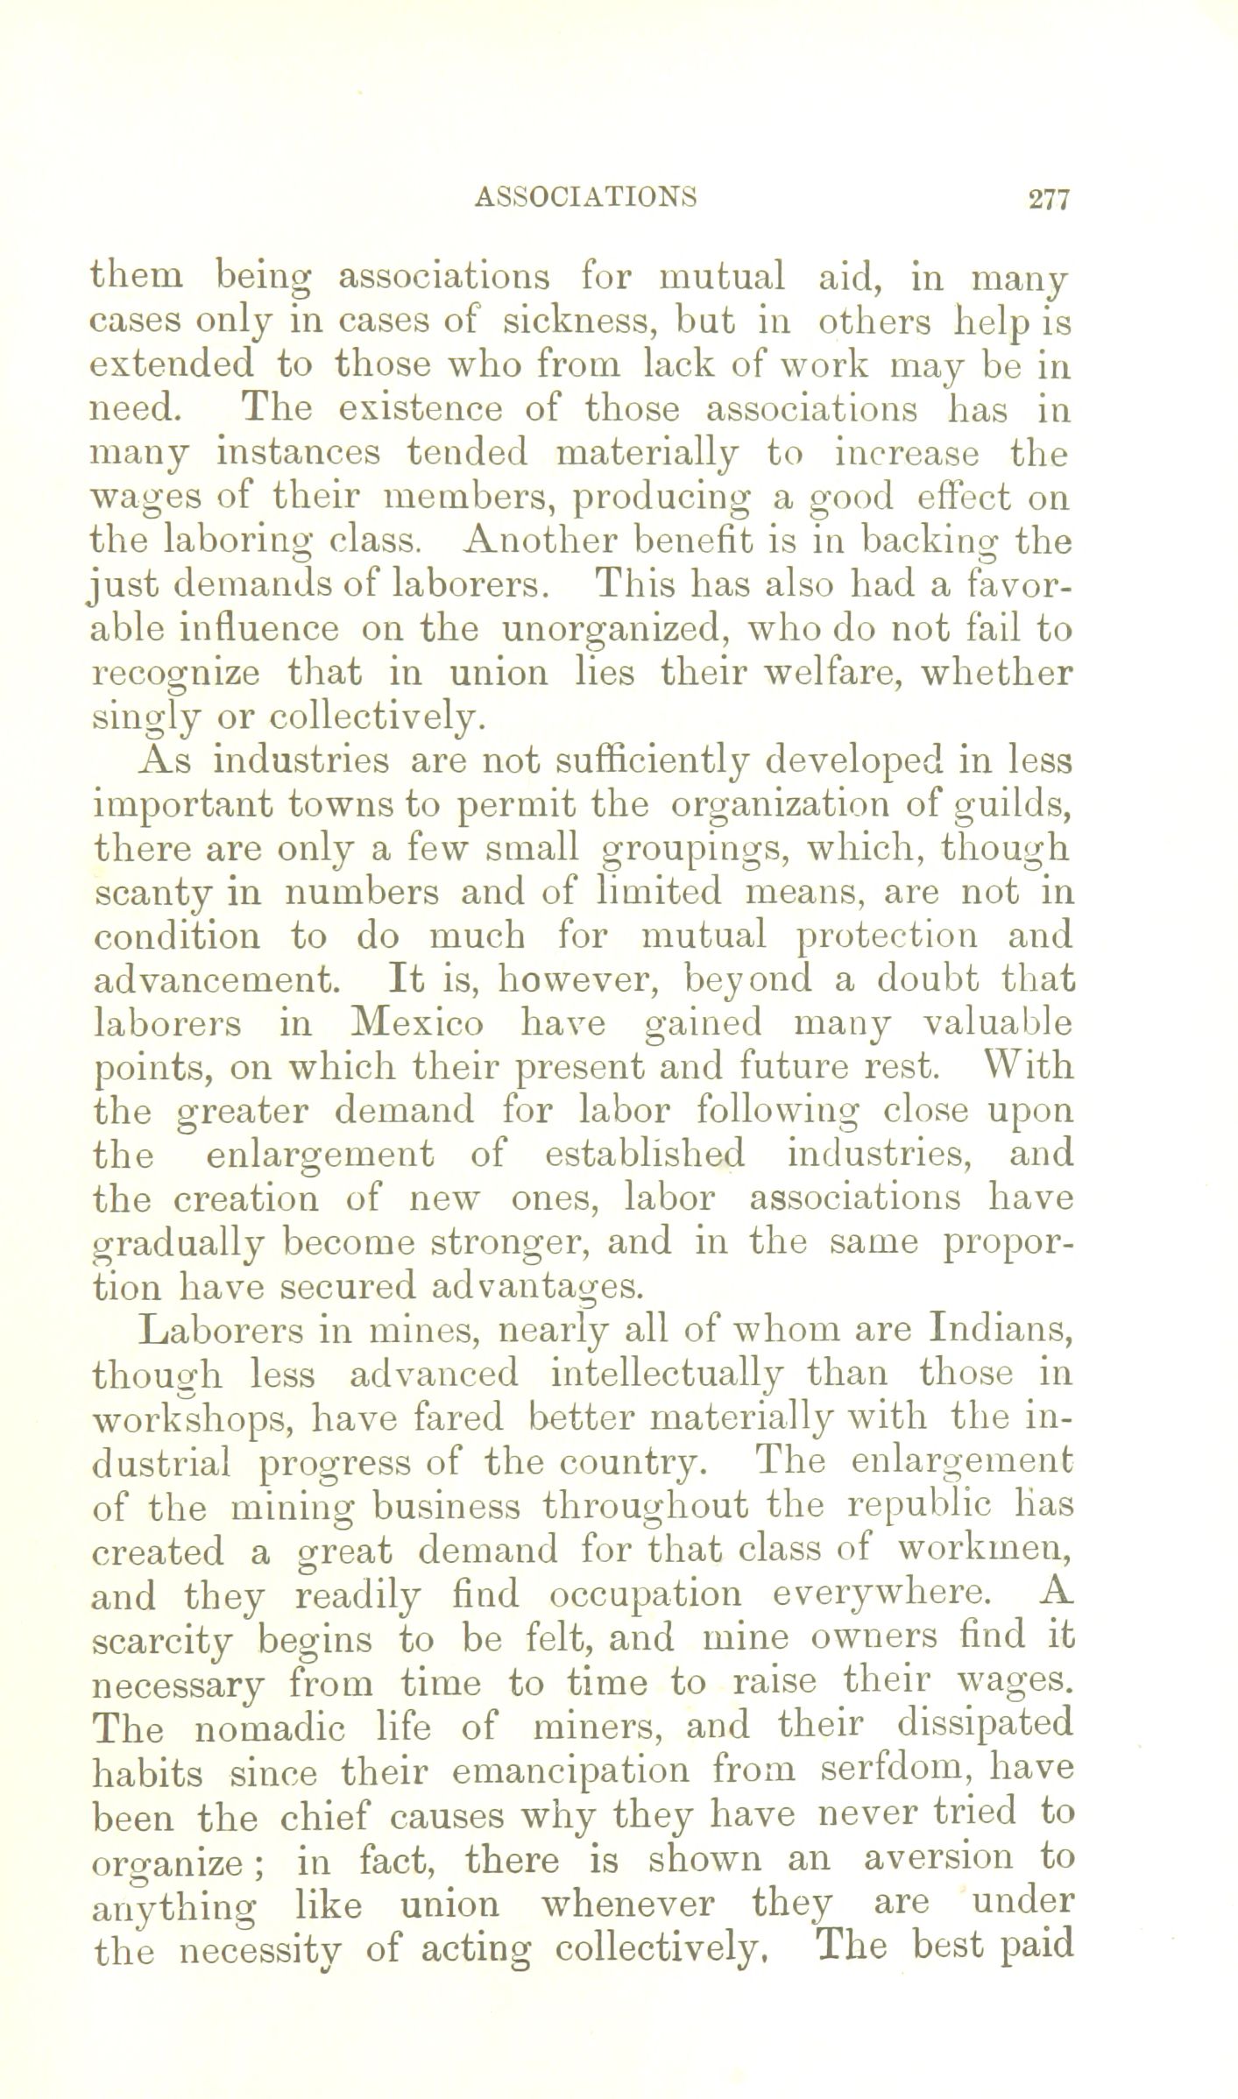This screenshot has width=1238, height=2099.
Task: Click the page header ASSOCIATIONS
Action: pyautogui.click(x=585, y=197)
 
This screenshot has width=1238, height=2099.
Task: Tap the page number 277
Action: pyautogui.click(x=1050, y=199)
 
